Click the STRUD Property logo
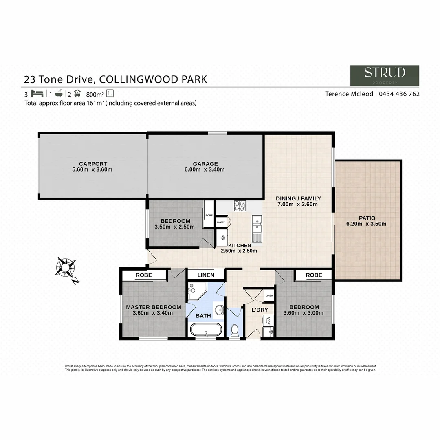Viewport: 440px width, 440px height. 385,75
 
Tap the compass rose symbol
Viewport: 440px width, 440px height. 65,268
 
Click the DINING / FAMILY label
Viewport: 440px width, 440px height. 298,198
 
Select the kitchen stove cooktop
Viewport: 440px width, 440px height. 239,206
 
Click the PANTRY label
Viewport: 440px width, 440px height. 221,222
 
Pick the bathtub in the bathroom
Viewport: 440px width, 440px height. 206,329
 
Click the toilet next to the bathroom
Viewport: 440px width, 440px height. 235,330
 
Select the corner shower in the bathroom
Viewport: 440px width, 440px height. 197,291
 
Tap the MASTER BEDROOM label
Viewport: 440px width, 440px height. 153,307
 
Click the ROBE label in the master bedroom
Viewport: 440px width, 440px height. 144,275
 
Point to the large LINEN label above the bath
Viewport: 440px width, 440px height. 206,275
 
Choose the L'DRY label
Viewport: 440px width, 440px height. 260,310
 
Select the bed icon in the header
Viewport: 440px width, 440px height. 37,93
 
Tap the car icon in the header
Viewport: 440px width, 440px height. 77,93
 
